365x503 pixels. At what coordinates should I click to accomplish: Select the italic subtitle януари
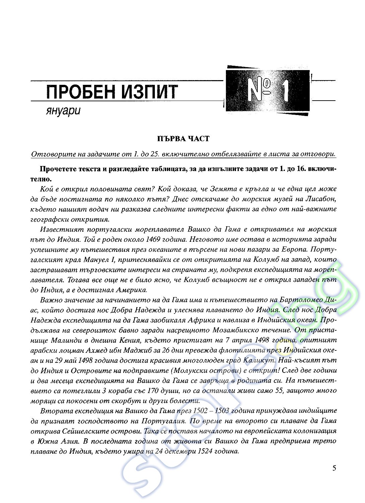point(63,111)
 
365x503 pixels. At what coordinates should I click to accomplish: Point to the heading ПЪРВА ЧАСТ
point(183,138)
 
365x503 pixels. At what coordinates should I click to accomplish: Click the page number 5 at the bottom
point(334,468)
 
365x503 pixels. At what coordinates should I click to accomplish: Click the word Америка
point(131,290)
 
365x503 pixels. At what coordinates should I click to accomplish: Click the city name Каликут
point(259,360)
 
